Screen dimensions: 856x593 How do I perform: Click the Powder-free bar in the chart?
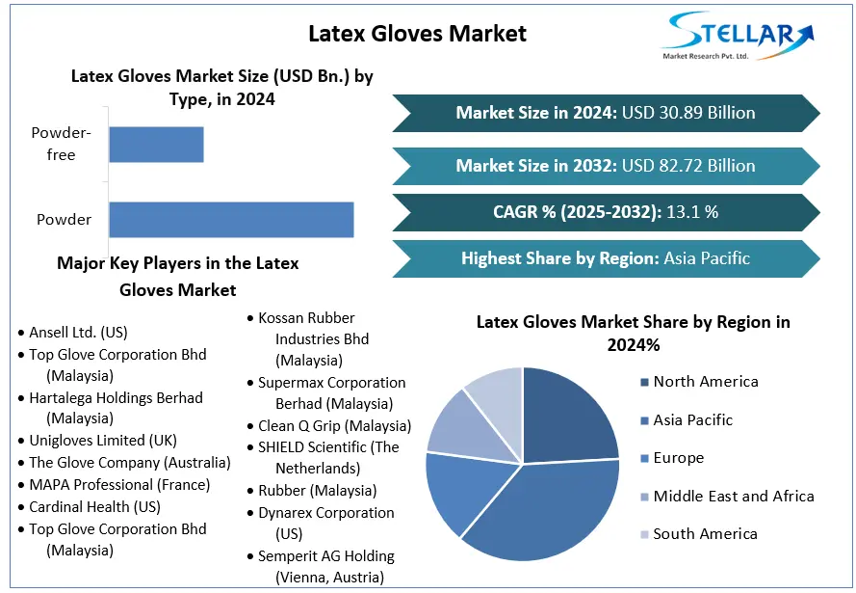(x=156, y=145)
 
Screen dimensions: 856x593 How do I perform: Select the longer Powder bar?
(x=231, y=220)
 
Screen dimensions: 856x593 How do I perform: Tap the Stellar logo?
(x=737, y=36)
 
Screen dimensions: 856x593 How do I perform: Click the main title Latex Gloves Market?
(x=417, y=34)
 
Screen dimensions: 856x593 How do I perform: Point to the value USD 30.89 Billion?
(x=688, y=113)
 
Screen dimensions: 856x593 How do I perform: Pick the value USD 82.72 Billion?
(x=688, y=166)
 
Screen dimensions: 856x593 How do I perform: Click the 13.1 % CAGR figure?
(x=692, y=211)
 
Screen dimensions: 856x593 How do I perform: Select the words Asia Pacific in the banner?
(x=707, y=258)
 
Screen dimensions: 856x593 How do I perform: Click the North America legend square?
(x=645, y=382)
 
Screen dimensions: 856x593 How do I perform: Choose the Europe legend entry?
(x=672, y=458)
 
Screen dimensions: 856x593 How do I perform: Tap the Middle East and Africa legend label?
(x=734, y=497)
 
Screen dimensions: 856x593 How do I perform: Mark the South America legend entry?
(x=699, y=534)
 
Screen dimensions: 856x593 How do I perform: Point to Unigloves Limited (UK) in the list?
(x=97, y=441)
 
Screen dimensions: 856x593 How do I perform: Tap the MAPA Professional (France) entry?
(x=114, y=485)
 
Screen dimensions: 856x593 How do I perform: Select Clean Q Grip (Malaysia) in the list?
(x=329, y=426)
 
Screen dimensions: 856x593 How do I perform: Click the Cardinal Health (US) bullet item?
(x=90, y=507)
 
